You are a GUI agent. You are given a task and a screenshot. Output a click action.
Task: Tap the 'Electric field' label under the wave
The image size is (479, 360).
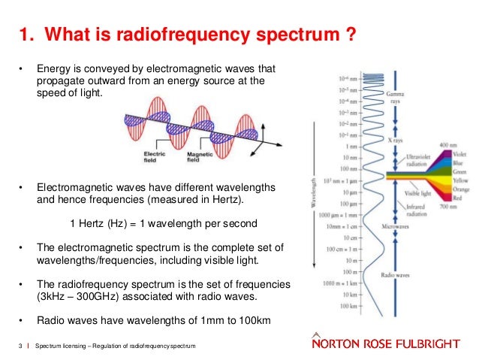coord(155,156)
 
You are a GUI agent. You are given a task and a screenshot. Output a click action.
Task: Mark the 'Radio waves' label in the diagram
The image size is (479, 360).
coord(400,275)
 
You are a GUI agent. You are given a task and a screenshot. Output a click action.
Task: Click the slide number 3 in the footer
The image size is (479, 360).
coord(19,345)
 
